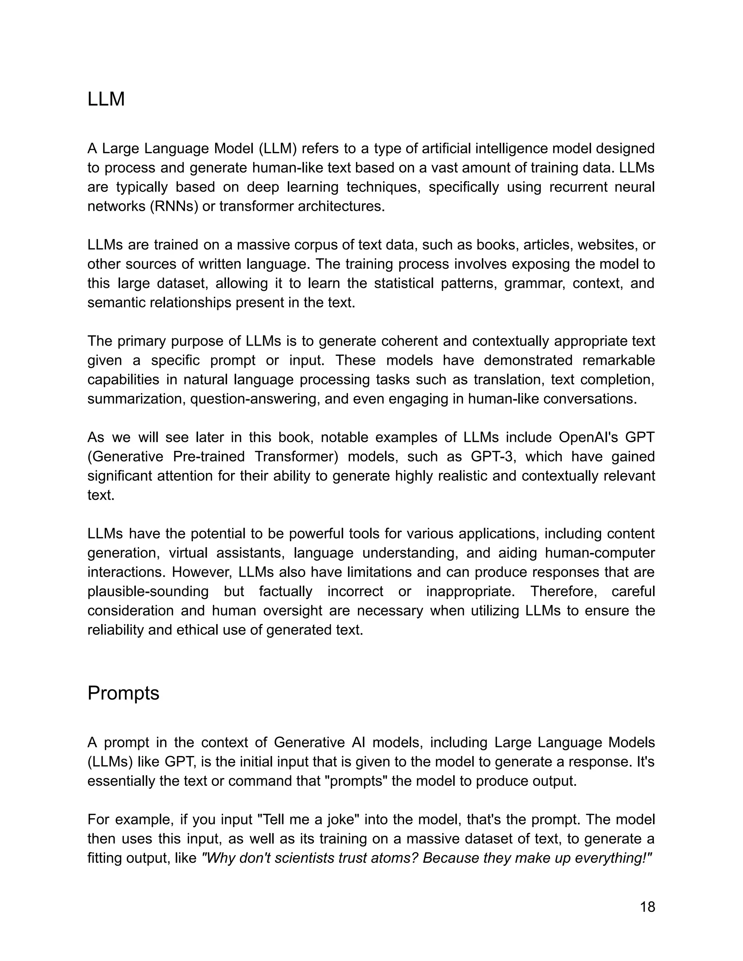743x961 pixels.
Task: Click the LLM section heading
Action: click(106, 99)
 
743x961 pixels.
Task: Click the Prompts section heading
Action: click(123, 693)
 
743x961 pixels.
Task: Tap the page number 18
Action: click(647, 907)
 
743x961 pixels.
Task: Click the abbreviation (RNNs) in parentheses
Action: click(174, 206)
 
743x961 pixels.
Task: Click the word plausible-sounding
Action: click(148, 591)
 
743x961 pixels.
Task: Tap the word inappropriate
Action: click(470, 591)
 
